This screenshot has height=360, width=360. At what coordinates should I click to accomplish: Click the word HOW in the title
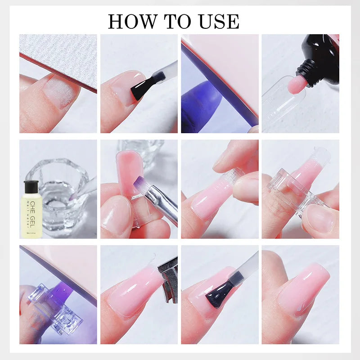coord(130,21)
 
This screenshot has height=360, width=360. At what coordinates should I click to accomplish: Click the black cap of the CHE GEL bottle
coord(31,185)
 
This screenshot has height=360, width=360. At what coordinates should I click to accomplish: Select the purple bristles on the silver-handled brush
coord(139,183)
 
